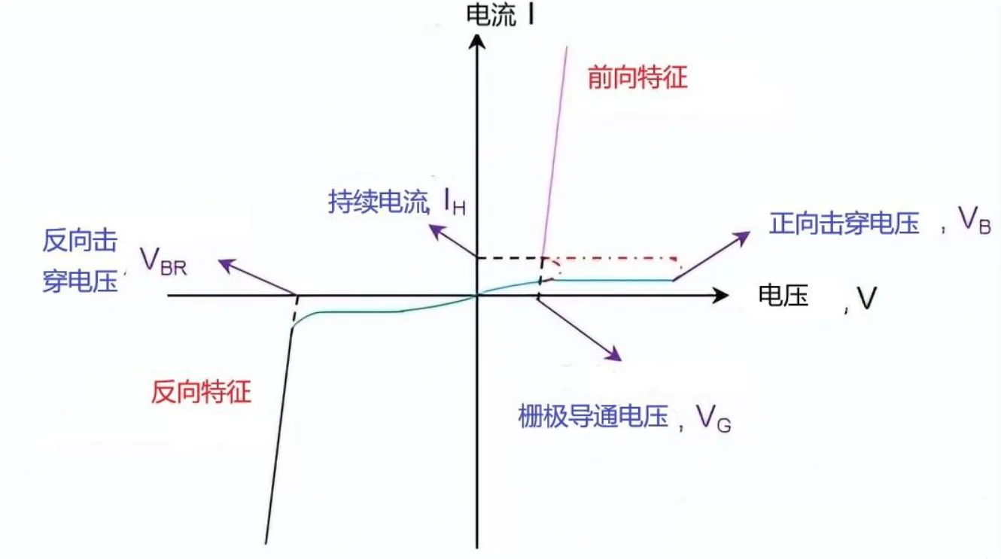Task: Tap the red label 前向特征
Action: click(637, 77)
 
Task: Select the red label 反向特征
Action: click(200, 392)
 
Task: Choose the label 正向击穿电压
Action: click(844, 223)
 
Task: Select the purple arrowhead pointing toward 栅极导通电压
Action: click(613, 354)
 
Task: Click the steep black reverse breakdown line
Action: click(278, 436)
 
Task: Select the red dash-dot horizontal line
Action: click(617, 258)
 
